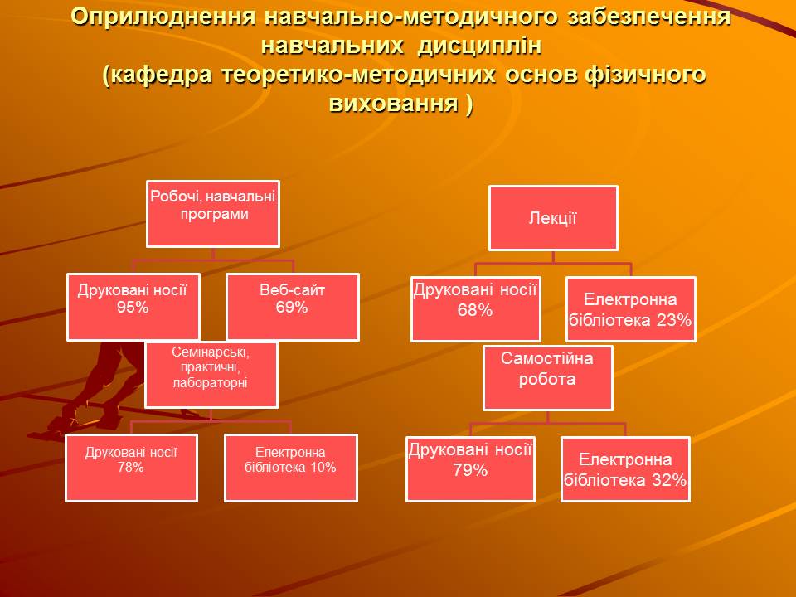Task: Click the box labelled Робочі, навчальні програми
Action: click(213, 214)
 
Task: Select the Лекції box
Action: click(553, 218)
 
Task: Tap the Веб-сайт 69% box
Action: click(293, 307)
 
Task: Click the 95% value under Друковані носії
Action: click(133, 307)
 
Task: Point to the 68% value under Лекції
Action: click(474, 309)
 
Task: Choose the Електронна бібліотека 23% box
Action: click(630, 309)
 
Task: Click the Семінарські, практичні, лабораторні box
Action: click(211, 375)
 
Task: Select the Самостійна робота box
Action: click(548, 378)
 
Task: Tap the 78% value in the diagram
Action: click(131, 467)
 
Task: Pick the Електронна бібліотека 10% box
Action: click(291, 468)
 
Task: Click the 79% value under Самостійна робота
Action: click(470, 470)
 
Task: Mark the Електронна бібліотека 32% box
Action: click(625, 469)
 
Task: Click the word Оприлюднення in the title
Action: click(163, 17)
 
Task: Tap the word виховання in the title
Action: click(393, 103)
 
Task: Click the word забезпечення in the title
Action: click(648, 17)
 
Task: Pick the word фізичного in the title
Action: click(645, 75)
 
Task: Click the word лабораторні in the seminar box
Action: click(210, 383)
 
